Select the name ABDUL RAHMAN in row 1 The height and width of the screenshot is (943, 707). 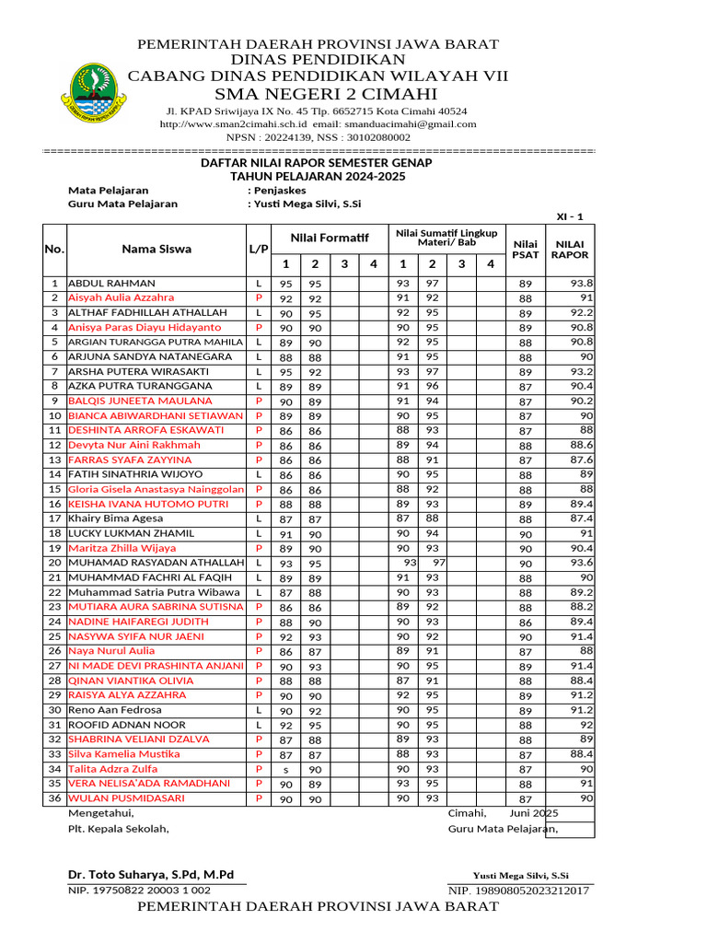point(112,284)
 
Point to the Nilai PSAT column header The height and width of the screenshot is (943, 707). point(525,249)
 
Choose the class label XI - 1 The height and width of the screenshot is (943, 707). point(570,216)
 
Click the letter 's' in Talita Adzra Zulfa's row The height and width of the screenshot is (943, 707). point(285,769)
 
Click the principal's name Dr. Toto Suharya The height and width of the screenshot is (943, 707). point(151,874)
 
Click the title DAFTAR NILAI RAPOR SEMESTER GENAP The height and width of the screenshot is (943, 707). point(317,162)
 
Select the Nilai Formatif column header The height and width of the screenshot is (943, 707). point(329,239)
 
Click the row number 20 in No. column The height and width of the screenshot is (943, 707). point(54,563)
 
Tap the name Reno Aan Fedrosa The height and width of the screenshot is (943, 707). point(115,710)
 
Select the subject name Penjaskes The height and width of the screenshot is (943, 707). point(280,190)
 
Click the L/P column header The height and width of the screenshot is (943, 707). point(259,249)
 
